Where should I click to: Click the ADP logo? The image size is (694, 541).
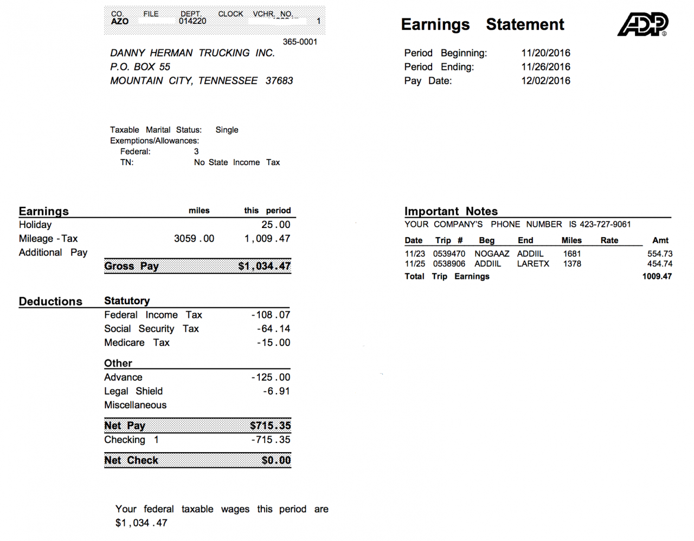coord(642,24)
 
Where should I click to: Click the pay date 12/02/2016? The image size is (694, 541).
coord(545,81)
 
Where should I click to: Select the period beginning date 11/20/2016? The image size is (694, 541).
coord(545,53)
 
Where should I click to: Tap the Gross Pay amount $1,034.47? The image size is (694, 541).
coord(264,266)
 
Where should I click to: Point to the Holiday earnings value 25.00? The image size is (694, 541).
coord(275,225)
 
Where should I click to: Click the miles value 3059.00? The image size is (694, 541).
coord(194,239)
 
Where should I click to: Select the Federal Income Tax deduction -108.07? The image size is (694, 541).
coord(271,315)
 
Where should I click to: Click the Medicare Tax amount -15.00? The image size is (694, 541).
coord(273,343)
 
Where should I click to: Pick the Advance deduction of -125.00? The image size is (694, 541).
coord(271,377)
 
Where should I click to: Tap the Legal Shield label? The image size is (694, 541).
coord(133,391)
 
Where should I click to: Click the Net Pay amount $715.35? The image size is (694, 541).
coord(270,426)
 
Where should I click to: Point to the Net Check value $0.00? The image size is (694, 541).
coord(276,460)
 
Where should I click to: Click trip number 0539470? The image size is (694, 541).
coord(449,253)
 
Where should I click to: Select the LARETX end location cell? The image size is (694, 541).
coord(533,264)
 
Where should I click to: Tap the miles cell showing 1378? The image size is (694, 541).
coord(572,264)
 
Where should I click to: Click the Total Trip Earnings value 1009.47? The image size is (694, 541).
coord(657,276)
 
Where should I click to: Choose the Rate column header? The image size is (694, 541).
coord(609,240)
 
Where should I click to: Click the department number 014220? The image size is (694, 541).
coord(192,21)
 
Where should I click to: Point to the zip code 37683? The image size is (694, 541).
coord(279,81)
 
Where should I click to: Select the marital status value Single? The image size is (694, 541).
coord(227,130)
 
